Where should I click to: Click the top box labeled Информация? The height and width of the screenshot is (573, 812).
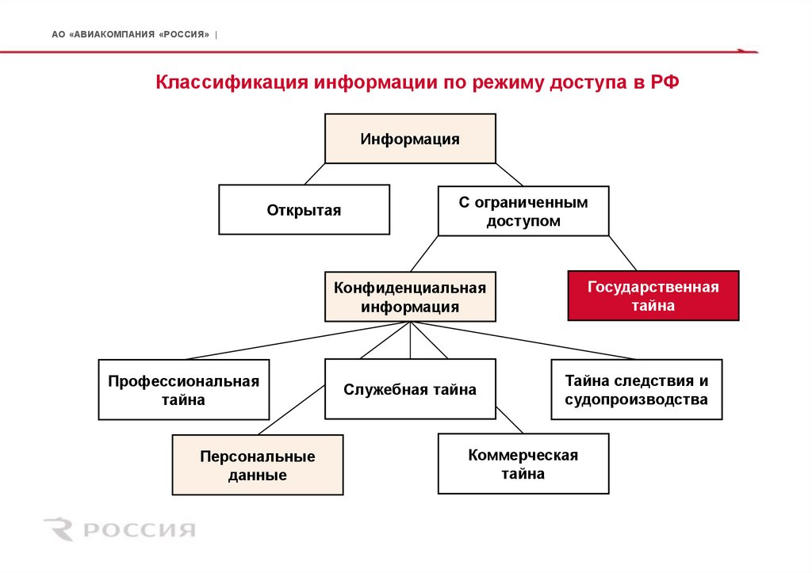[x=410, y=139]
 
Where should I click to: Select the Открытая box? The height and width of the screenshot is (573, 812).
[x=304, y=209]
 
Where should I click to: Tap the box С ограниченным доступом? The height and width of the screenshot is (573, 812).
[x=523, y=211]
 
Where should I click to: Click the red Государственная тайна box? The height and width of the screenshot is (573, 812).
[x=653, y=295]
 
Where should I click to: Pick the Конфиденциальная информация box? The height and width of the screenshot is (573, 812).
[x=410, y=296]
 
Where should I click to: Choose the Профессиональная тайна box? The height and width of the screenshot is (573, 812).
[x=184, y=389]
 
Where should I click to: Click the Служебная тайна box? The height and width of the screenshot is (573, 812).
[x=410, y=388]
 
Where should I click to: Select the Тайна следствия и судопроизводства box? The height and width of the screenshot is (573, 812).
[x=636, y=389]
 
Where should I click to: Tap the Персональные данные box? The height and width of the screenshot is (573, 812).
[x=258, y=465]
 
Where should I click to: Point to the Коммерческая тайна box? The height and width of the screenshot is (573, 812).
[x=523, y=464]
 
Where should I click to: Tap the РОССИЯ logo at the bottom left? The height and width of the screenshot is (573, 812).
[x=119, y=529]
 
